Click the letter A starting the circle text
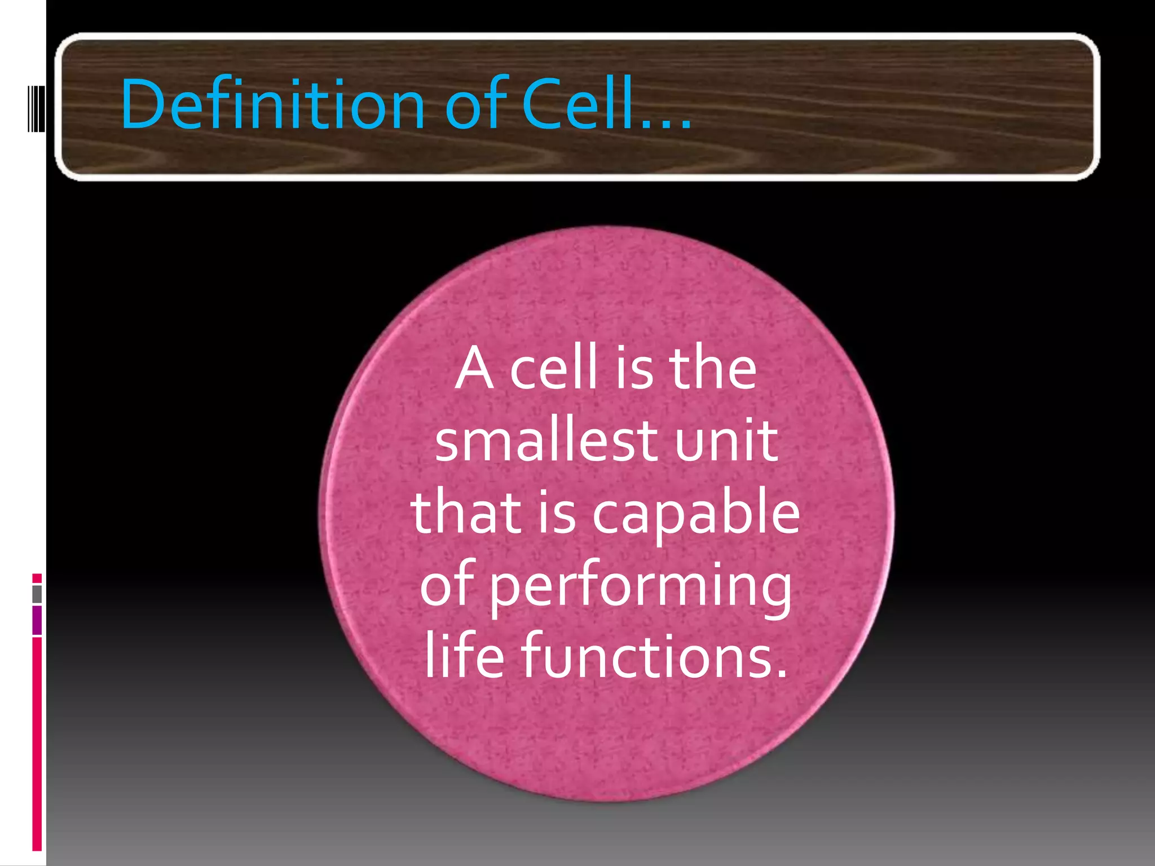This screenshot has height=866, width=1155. (475, 369)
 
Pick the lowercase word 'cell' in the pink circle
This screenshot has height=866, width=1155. (553, 369)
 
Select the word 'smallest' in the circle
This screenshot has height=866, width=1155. (539, 441)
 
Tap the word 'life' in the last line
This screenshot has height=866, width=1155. (464, 656)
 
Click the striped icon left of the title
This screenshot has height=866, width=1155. (37, 107)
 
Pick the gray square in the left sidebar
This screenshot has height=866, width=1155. (37, 594)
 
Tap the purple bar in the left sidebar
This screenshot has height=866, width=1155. (37, 620)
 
